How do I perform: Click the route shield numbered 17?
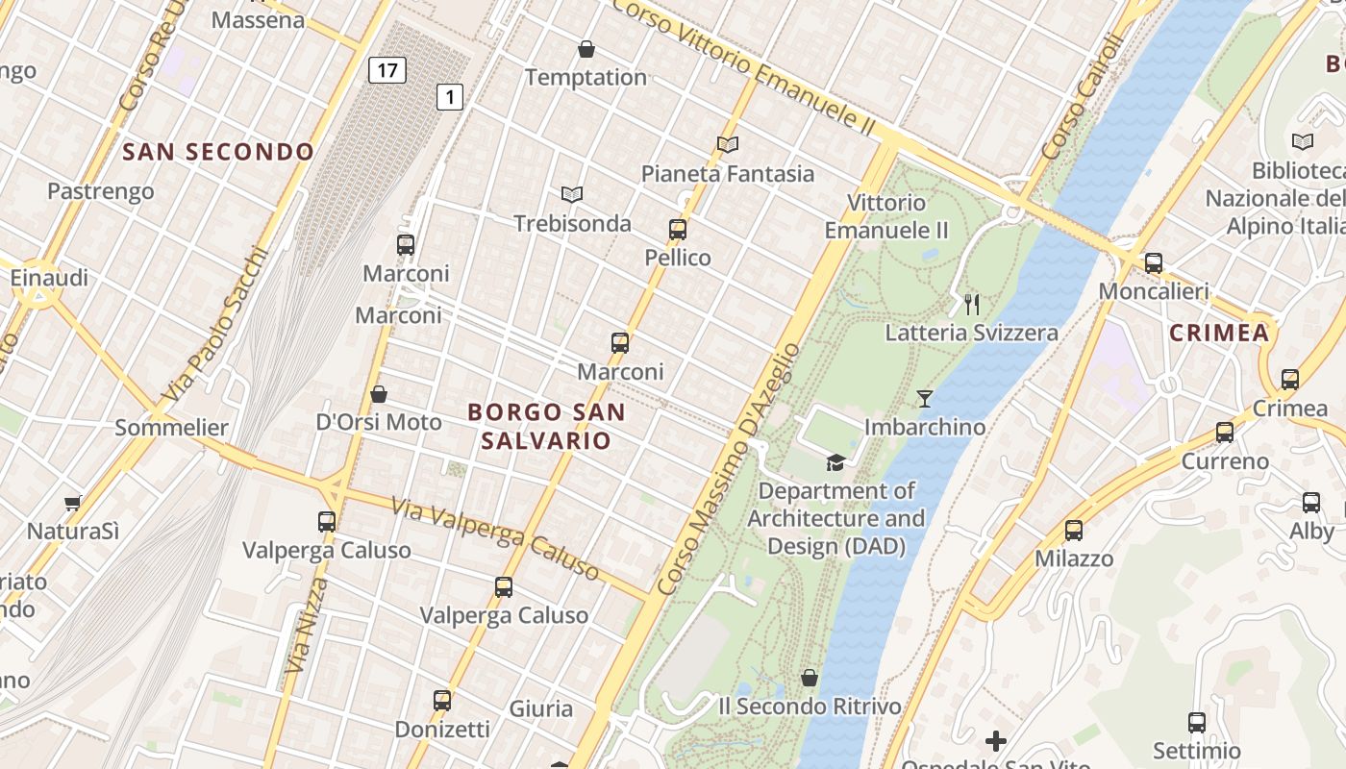point(386,70)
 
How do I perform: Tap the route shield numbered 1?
point(450,96)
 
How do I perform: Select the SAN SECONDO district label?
point(218,152)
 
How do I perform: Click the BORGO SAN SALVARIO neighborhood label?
point(546,426)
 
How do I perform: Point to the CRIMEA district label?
point(1219,334)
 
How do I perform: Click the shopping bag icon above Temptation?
point(586,49)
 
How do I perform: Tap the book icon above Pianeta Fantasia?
point(728,145)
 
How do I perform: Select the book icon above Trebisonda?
point(572,195)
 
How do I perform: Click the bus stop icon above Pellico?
point(678,230)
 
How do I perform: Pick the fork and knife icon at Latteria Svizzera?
point(972,305)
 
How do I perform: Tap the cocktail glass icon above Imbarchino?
point(925,398)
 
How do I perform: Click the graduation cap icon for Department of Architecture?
point(835,463)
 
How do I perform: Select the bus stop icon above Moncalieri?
point(1153,262)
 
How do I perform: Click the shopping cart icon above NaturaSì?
point(72,503)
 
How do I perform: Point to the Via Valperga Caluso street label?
point(495,538)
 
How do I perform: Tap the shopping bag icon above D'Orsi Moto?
point(379,394)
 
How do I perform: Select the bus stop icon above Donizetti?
point(442,701)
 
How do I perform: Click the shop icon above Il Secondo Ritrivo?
point(810,678)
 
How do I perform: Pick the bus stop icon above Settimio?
point(1197,723)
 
